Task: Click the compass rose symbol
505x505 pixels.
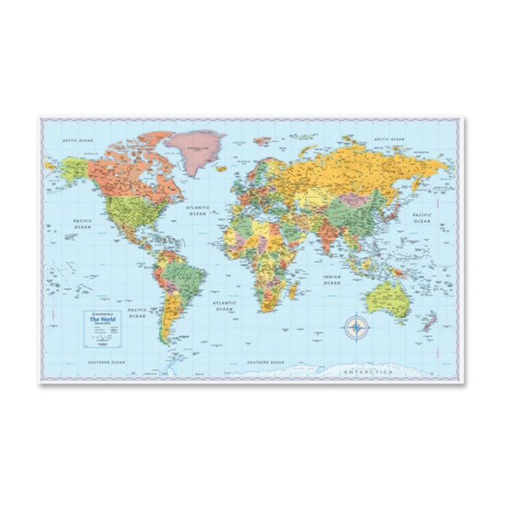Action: [x=357, y=326]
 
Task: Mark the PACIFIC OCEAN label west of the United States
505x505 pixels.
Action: [x=83, y=224]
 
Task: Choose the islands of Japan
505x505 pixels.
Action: [x=399, y=207]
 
